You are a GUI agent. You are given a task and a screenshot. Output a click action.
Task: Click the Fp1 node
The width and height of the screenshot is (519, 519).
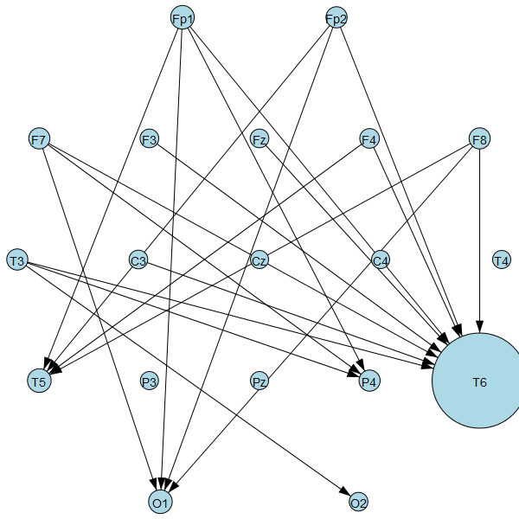pyautogui.click(x=182, y=17)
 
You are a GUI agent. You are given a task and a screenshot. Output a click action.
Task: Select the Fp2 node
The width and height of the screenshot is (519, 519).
pyautogui.click(x=336, y=17)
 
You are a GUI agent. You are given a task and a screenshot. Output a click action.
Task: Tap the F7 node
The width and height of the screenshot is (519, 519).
pyautogui.click(x=39, y=138)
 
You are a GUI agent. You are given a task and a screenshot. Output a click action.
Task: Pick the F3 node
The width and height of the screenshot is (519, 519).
pyautogui.click(x=149, y=138)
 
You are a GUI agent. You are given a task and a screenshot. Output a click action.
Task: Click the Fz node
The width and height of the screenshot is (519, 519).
pyautogui.click(x=259, y=138)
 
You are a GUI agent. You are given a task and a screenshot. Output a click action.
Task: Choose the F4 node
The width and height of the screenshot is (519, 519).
pyautogui.click(x=369, y=138)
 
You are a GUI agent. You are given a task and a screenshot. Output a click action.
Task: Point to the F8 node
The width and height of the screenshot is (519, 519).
pyautogui.click(x=479, y=138)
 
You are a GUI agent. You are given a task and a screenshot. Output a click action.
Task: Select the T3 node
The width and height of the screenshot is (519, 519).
pyautogui.click(x=16, y=259)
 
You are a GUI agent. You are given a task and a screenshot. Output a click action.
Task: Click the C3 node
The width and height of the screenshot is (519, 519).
pyautogui.click(x=138, y=259)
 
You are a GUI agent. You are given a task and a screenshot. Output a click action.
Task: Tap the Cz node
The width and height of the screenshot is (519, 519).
pyautogui.click(x=259, y=259)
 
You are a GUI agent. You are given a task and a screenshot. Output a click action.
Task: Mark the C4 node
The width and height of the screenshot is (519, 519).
pyautogui.click(x=381, y=259)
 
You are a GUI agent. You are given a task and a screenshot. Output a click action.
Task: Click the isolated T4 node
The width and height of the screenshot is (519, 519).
pyautogui.click(x=502, y=259)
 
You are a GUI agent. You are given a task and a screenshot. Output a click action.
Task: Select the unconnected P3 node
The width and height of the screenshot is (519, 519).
pyautogui.click(x=149, y=381)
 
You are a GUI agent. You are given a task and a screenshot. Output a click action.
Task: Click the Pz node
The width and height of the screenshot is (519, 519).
pyautogui.click(x=259, y=381)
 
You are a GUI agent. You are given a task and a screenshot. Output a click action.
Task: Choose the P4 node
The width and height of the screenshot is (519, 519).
pyautogui.click(x=369, y=381)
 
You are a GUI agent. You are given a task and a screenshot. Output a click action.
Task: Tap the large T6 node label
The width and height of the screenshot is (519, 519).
pyautogui.click(x=479, y=381)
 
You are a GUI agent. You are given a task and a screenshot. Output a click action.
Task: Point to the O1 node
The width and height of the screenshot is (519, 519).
pyautogui.click(x=160, y=502)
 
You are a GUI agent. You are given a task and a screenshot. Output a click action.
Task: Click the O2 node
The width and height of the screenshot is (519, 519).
pyautogui.click(x=358, y=502)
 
